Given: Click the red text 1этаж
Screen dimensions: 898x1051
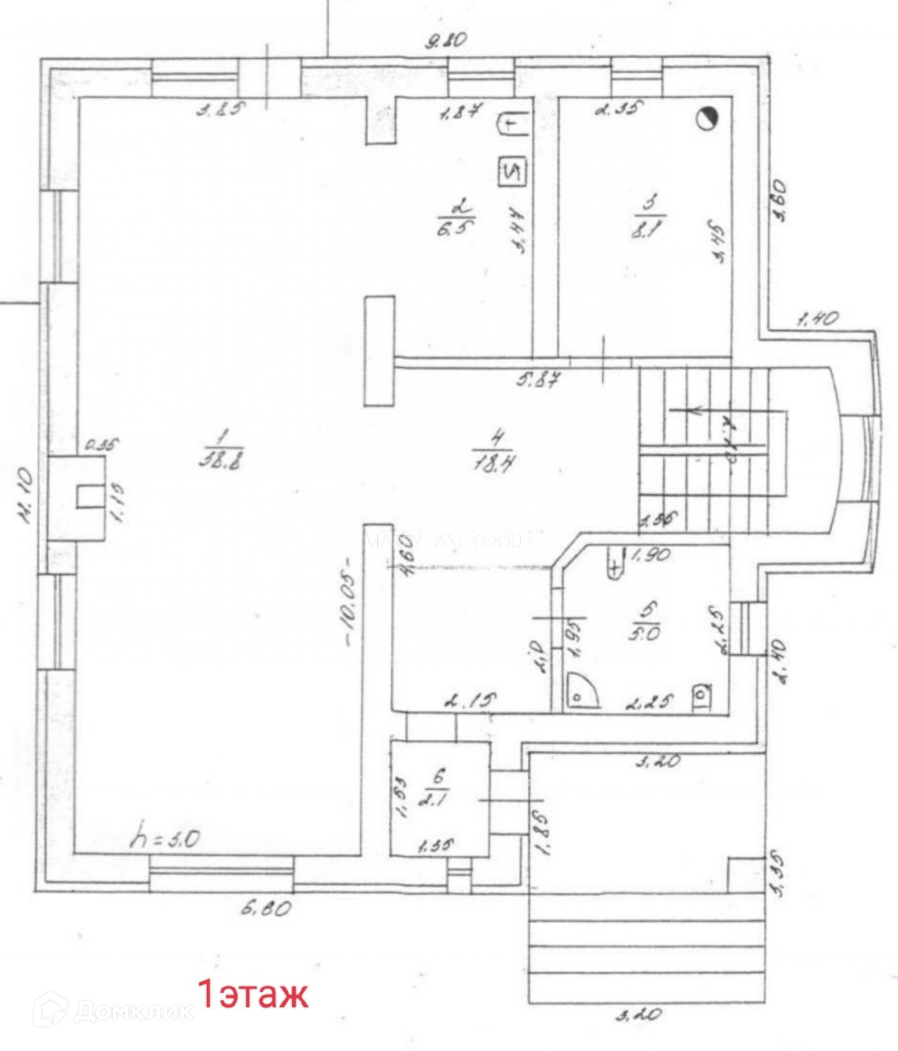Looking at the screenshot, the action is coord(252,994).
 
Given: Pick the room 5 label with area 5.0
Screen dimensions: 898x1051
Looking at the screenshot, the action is coord(645,621).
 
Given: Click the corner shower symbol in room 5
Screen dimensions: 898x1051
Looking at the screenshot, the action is coord(581,693).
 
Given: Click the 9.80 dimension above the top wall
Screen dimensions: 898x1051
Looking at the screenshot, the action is coord(446,41).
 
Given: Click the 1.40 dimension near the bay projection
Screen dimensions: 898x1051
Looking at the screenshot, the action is coord(817,320).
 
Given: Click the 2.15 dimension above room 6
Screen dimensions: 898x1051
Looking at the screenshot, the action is coord(472,700).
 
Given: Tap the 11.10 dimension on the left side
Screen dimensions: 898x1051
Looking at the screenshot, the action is coord(26,497).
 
